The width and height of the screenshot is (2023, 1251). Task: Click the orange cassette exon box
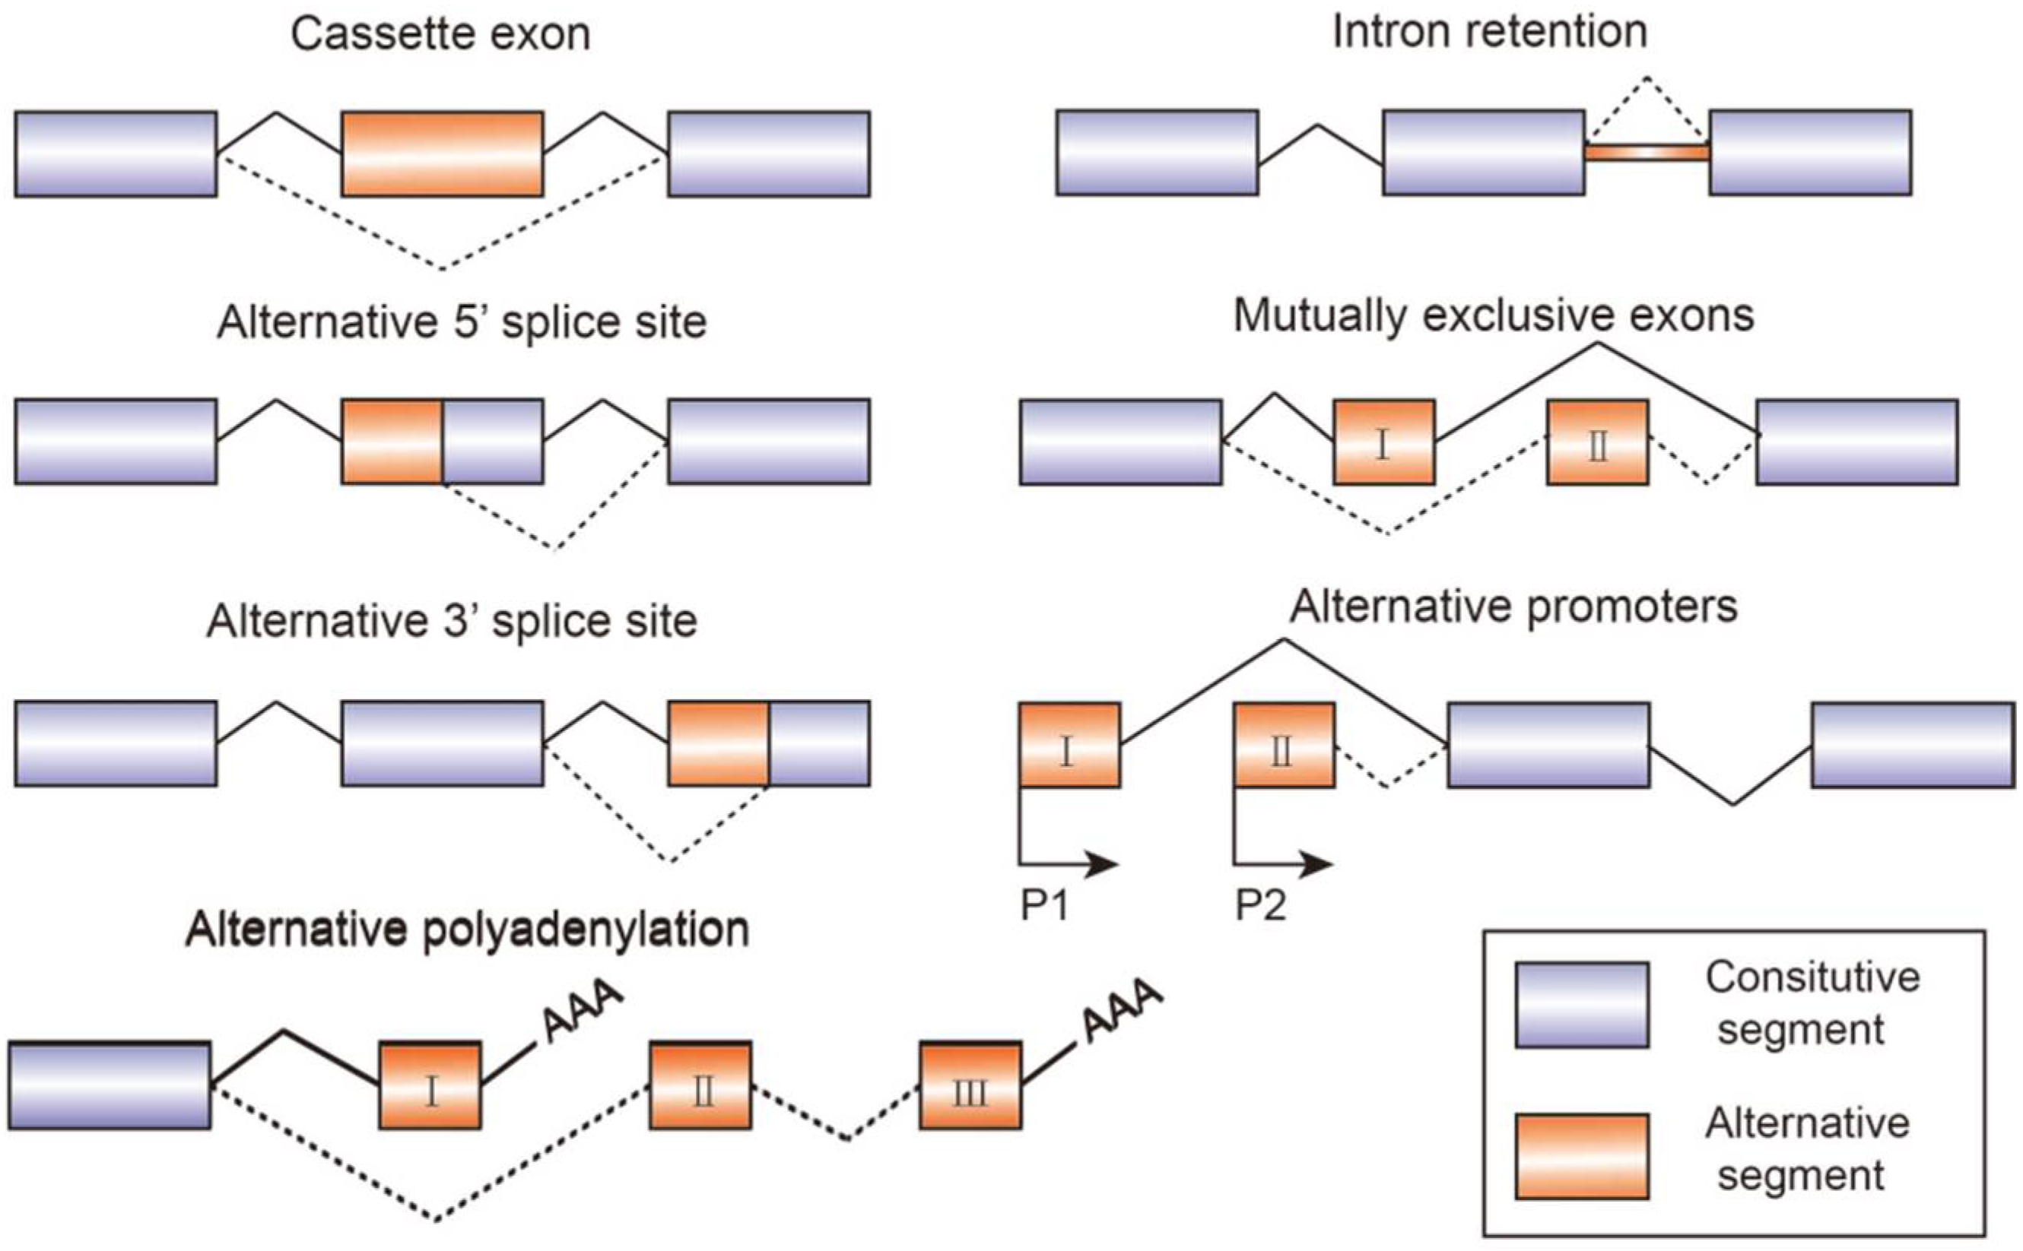click(443, 154)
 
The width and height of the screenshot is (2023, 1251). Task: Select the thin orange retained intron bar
click(1647, 152)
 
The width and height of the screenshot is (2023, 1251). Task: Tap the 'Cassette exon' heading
click(440, 35)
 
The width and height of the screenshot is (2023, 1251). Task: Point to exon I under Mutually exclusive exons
click(1383, 442)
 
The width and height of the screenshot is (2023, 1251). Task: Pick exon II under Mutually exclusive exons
click(1598, 442)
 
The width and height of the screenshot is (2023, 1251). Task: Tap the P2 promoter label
click(1261, 905)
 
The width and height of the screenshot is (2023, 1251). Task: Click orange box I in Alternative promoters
click(1069, 745)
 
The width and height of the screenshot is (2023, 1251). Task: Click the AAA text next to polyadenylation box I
click(581, 1010)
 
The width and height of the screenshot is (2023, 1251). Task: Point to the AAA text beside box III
click(1123, 1010)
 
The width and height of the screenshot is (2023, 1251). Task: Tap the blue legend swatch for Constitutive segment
click(1582, 1005)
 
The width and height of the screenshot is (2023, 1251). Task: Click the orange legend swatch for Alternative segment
click(1582, 1156)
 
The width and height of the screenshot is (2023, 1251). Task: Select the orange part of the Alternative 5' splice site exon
click(392, 442)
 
